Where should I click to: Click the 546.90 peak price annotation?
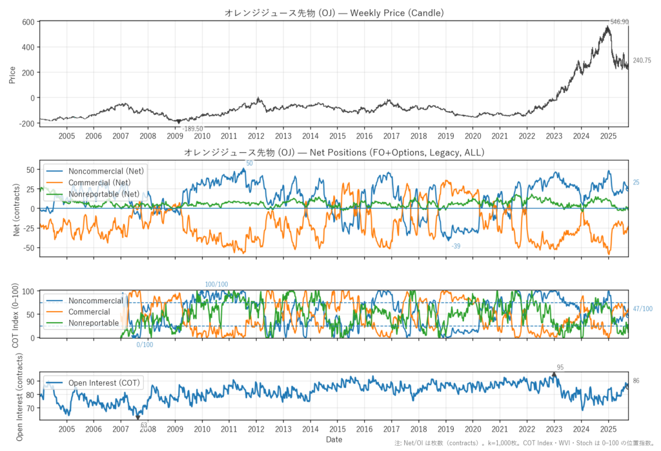619,22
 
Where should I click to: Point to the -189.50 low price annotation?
192,129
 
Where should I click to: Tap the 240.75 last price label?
642,61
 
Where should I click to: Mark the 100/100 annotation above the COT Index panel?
216,285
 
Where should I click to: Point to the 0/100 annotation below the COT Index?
145,345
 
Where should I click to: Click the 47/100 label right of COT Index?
642,309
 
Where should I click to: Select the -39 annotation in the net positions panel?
456,246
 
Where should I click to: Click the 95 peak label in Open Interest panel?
559,368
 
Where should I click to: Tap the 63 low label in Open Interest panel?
143,425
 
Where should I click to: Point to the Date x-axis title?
334,440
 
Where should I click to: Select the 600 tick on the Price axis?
28,22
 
